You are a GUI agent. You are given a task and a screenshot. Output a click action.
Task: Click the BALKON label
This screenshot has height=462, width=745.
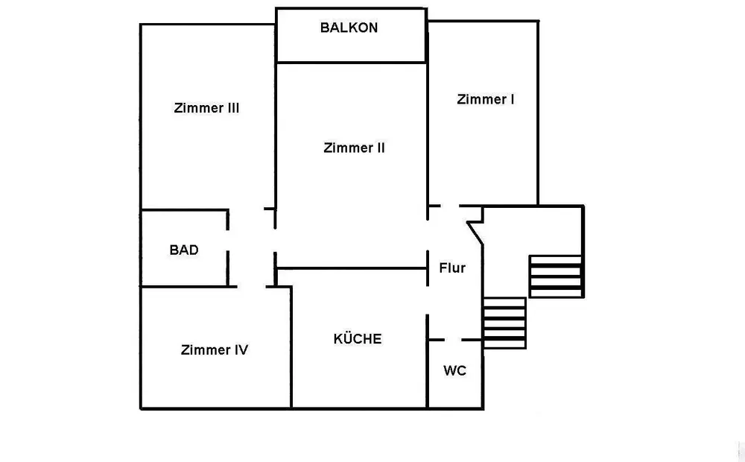click(349, 28)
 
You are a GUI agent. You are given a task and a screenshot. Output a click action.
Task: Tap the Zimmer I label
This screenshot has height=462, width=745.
click(485, 99)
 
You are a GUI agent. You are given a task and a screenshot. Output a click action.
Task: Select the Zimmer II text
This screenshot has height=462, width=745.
click(354, 148)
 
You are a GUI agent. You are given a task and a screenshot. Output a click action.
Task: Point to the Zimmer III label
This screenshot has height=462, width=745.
click(206, 108)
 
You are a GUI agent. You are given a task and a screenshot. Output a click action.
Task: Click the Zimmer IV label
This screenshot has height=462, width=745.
click(215, 349)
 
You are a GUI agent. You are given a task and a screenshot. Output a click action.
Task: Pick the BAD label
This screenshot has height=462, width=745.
click(184, 250)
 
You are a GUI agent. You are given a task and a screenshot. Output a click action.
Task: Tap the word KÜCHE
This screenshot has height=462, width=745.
click(358, 338)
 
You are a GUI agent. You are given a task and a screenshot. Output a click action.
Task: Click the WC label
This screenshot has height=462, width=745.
click(454, 371)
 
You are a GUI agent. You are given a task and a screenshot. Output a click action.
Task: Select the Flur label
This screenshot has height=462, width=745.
click(452, 268)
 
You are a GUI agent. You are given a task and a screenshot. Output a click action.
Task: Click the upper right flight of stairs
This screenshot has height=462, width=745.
click(556, 276)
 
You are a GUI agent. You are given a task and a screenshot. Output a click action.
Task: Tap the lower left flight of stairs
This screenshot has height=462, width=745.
click(504, 323)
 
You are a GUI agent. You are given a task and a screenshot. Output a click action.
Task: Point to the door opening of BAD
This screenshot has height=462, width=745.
click(227, 241)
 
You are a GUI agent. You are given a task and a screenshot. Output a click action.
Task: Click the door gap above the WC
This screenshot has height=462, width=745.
click(453, 340)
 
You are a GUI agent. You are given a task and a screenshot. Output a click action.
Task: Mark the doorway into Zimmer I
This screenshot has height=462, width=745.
click(449, 206)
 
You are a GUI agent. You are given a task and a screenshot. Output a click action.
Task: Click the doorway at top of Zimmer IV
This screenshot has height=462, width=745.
click(251, 287)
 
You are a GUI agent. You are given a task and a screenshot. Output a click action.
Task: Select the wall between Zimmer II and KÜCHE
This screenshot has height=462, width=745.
click(352, 268)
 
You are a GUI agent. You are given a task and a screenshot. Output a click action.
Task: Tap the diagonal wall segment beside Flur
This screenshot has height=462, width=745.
click(475, 233)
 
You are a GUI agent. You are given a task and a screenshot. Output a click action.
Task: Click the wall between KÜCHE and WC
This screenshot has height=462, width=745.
click(428, 361)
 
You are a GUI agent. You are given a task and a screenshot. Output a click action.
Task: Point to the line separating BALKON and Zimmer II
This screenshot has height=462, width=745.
click(351, 62)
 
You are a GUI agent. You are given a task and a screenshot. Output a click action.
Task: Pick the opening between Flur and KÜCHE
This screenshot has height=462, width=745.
click(428, 300)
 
